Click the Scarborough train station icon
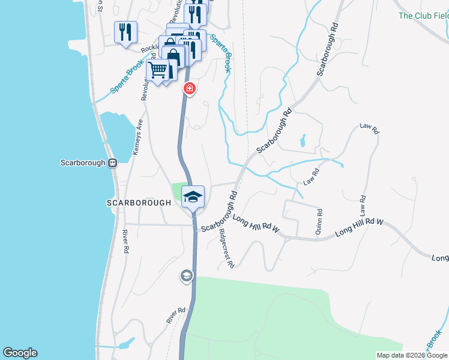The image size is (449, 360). [112, 163]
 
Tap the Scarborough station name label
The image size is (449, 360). [83, 163]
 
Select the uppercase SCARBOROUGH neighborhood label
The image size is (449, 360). [139, 203]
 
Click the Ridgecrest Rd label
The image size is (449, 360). [226, 248]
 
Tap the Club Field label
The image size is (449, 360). [423, 16]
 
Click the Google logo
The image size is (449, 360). [20, 353]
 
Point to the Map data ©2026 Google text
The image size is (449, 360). [412, 355]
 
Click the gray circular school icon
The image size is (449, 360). [186, 276]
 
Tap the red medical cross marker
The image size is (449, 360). [190, 89]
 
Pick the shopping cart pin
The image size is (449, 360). [158, 70]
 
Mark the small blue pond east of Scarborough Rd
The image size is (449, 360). [302, 141]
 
